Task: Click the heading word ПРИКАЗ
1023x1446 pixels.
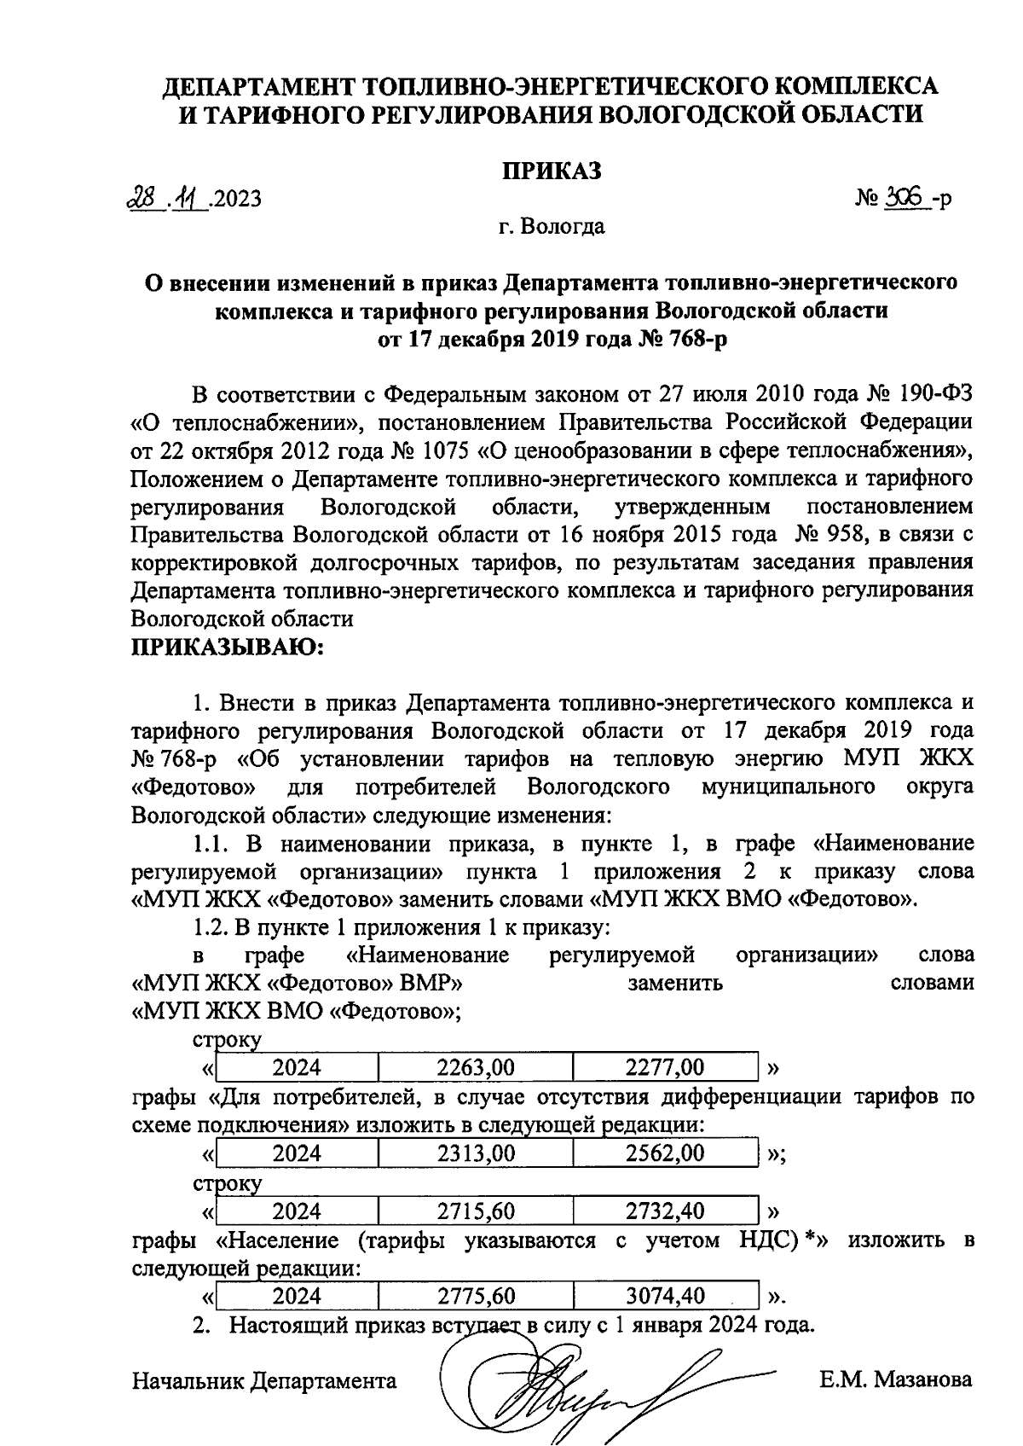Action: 551,170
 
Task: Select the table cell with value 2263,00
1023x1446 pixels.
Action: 475,1066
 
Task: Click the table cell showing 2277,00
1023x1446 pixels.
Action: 665,1066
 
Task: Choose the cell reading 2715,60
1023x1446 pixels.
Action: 475,1211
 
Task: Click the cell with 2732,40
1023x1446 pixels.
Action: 665,1211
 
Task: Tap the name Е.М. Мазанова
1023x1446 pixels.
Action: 895,1379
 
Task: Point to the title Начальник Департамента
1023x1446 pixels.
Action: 264,1380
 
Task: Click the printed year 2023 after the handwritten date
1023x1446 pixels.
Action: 238,200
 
